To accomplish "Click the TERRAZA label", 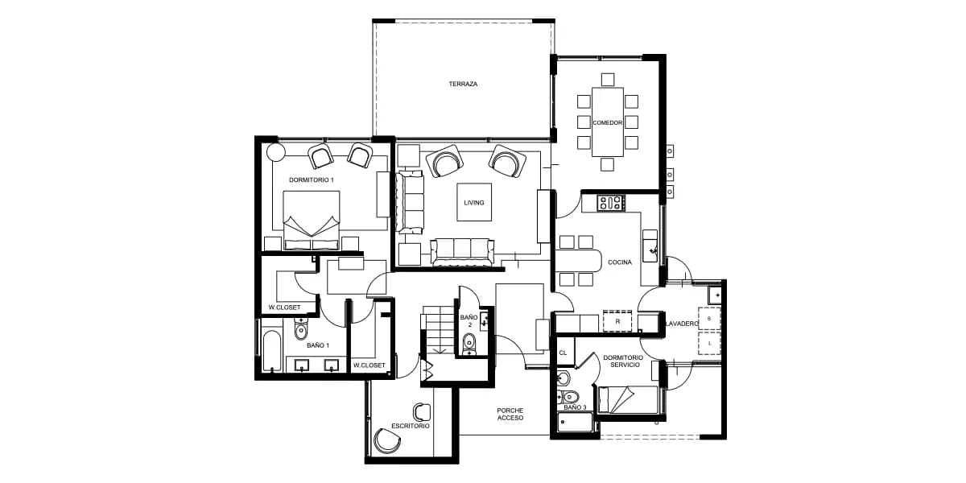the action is [x=463, y=84].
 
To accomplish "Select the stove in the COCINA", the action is [x=611, y=203].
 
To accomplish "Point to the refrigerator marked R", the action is [x=617, y=321].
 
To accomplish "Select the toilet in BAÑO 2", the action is [x=469, y=344].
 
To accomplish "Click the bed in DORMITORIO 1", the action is [x=312, y=221].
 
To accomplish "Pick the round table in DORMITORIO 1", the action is [x=275, y=152].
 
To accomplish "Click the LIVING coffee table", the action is [x=474, y=202].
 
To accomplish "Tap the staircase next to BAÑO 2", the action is [x=438, y=330].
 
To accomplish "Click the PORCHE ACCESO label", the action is [x=510, y=414].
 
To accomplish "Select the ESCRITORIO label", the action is [x=410, y=426].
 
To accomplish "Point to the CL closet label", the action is [x=563, y=353].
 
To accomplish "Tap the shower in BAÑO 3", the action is [x=575, y=423].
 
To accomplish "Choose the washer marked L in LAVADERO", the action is [x=709, y=343].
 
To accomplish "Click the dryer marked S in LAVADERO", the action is [x=709, y=319].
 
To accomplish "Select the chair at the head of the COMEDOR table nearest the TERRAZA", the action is [x=608, y=80].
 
